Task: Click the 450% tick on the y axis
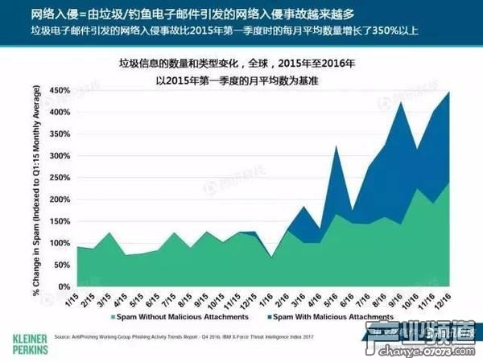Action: pos(59,91)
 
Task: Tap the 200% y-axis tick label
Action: pos(59,200)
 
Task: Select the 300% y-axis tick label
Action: pos(59,156)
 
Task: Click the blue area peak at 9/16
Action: pos(400,102)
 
